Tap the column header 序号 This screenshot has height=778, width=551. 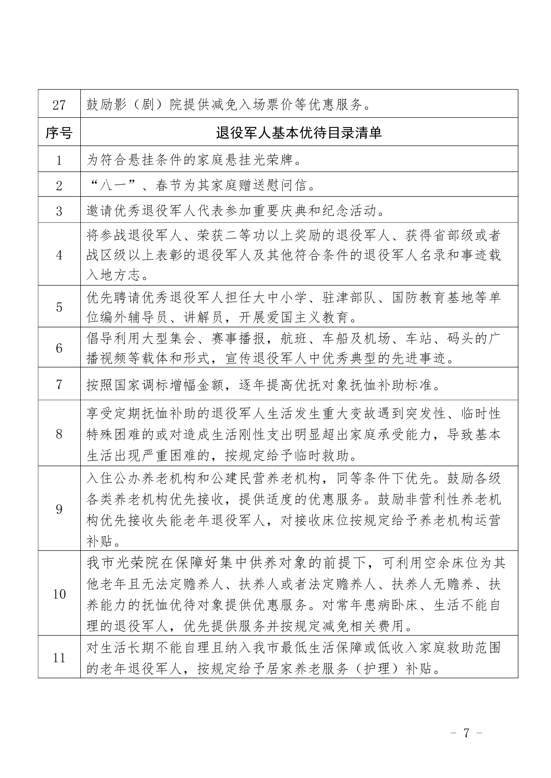(59, 133)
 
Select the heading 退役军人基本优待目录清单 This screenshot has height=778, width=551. (299, 133)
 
